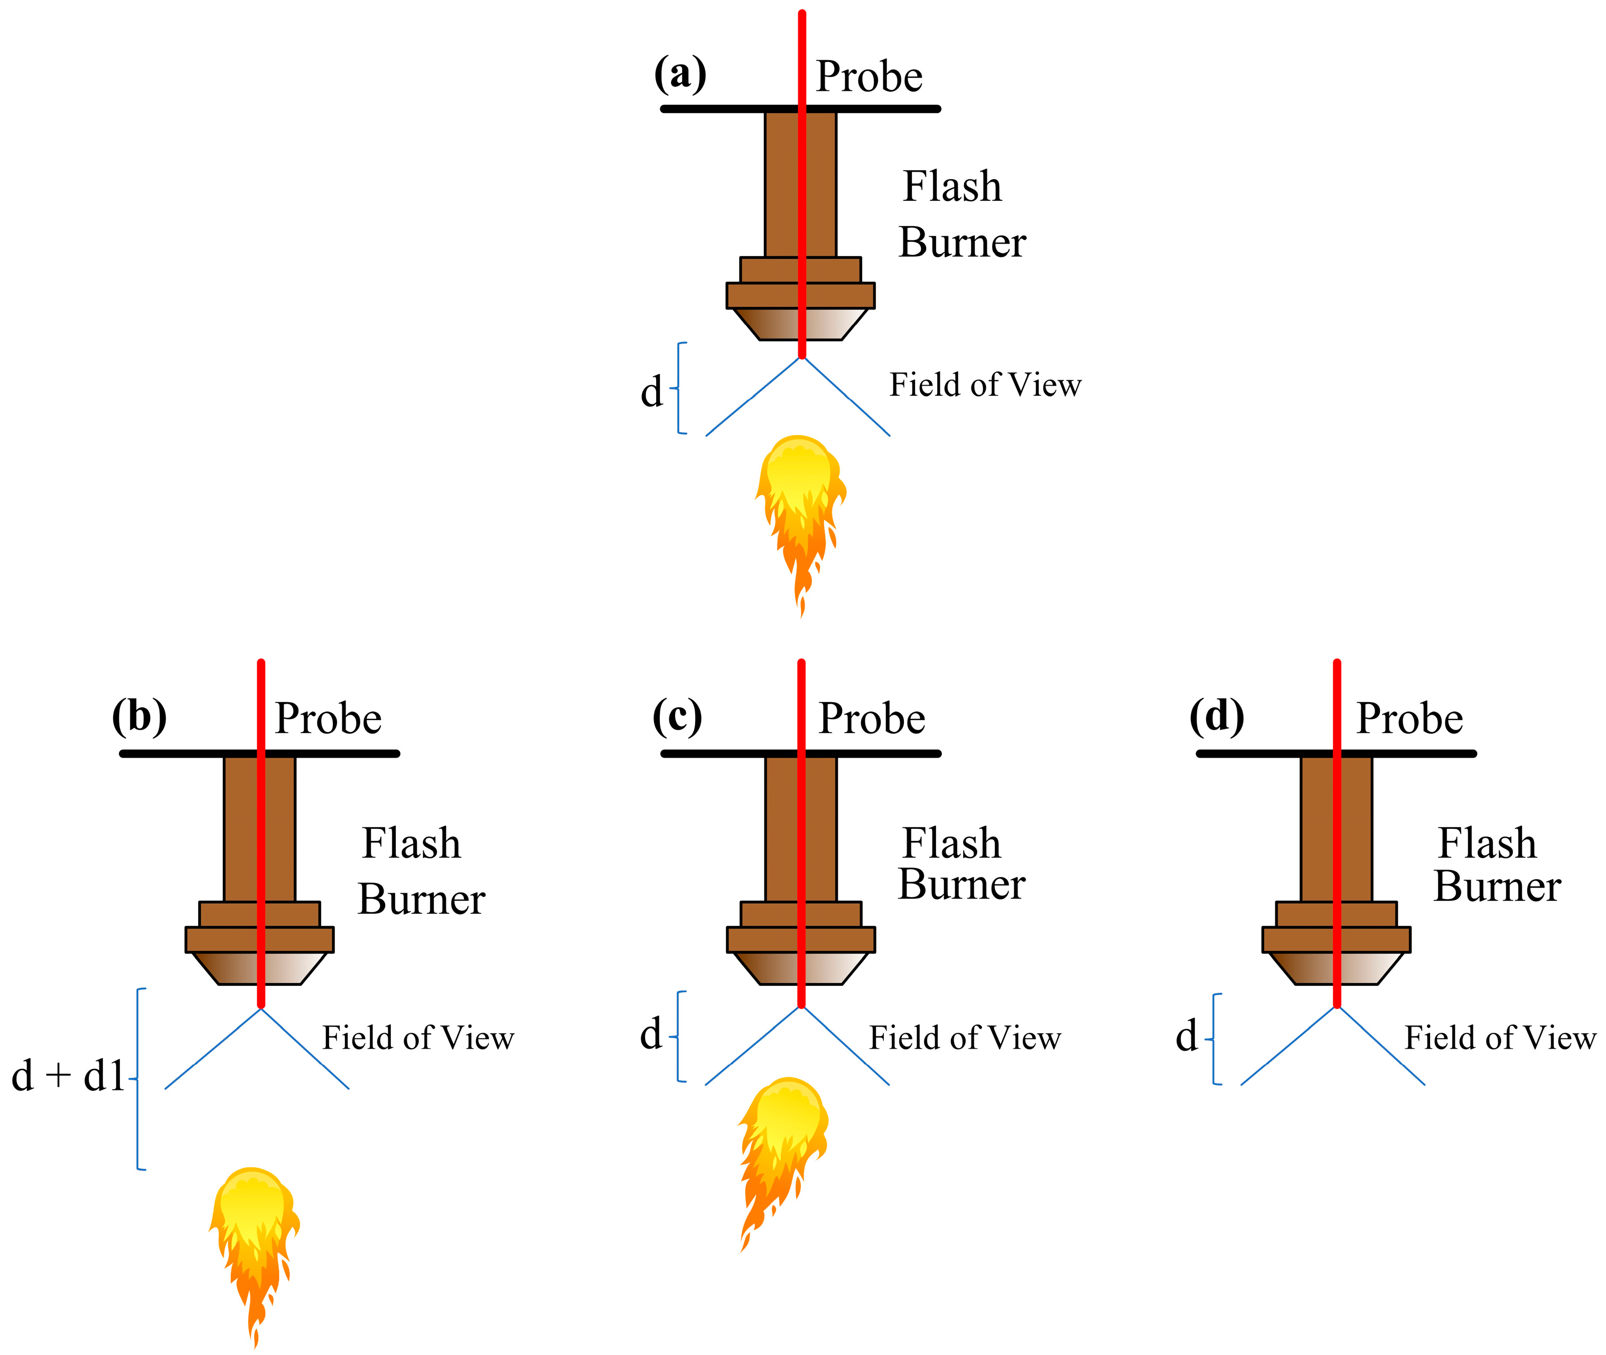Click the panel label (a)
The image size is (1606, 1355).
coord(680,75)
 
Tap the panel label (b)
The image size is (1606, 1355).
coord(139,717)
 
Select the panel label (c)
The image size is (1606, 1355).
coord(677,717)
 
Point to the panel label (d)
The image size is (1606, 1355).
coord(1217,717)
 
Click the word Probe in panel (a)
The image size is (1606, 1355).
coord(869,77)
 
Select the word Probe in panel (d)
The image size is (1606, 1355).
coord(1409,719)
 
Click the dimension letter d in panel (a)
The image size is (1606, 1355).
coord(651,392)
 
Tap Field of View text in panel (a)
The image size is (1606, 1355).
coord(985,385)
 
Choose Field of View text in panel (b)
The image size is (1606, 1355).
coord(418,1038)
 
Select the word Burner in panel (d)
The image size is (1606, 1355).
coord(1497,886)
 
